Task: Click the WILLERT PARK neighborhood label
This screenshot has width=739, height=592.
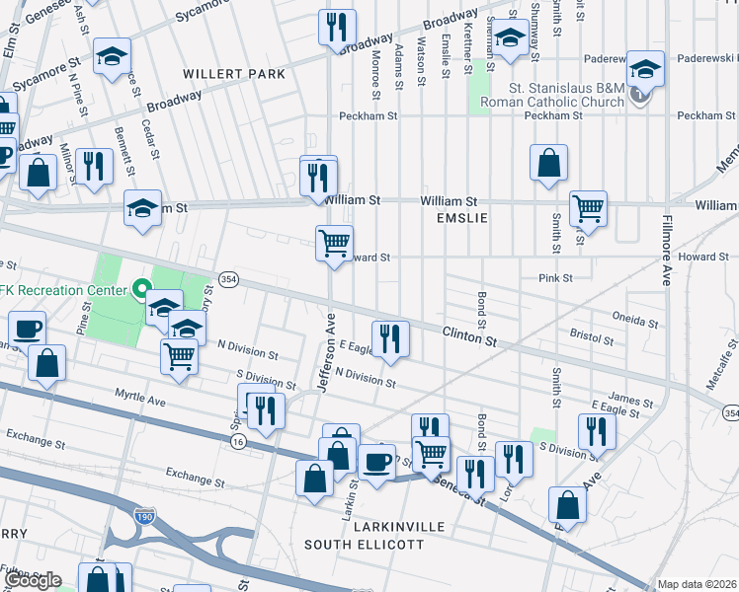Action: (x=233, y=74)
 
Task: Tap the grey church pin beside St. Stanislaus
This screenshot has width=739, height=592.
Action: (x=641, y=95)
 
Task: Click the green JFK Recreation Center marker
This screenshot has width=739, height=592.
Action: (x=141, y=290)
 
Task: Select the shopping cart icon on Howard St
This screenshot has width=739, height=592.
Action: (x=335, y=242)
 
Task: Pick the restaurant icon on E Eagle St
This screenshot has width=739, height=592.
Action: (x=390, y=338)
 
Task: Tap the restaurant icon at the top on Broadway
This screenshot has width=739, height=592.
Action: (x=337, y=26)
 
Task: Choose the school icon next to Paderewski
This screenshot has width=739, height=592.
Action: (x=645, y=68)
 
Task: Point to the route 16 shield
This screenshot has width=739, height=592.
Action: (x=238, y=443)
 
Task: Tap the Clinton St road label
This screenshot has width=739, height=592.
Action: (x=468, y=337)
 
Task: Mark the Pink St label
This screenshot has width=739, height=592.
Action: (x=555, y=278)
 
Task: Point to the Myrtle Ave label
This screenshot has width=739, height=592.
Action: (x=139, y=401)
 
